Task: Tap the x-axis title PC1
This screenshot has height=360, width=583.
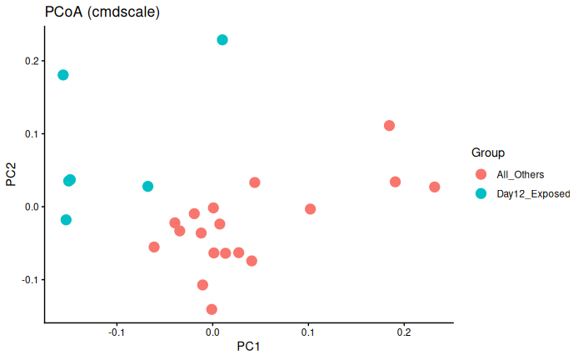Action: pyautogui.click(x=248, y=346)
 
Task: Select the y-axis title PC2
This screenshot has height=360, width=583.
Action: pyautogui.click(x=12, y=173)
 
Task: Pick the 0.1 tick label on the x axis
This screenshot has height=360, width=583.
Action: pyautogui.click(x=308, y=332)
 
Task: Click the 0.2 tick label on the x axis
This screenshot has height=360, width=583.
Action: pyautogui.click(x=404, y=332)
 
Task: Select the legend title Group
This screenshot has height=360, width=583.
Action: pyautogui.click(x=488, y=152)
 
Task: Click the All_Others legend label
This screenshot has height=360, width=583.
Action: pyautogui.click(x=520, y=174)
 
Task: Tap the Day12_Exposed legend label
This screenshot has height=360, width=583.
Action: pyautogui.click(x=533, y=193)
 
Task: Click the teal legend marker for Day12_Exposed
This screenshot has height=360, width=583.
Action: pyautogui.click(x=481, y=193)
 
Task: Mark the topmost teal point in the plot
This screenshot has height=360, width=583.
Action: pyautogui.click(x=222, y=40)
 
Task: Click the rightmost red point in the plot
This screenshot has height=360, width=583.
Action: pyautogui.click(x=435, y=187)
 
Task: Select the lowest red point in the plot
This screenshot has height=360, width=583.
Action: pyautogui.click(x=212, y=309)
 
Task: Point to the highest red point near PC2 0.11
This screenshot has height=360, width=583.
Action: pyautogui.click(x=389, y=126)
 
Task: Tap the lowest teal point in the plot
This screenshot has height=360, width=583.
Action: pyautogui.click(x=66, y=220)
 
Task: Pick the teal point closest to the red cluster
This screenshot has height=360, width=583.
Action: pyautogui.click(x=147, y=187)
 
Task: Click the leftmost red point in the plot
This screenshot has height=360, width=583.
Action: pyautogui.click(x=154, y=247)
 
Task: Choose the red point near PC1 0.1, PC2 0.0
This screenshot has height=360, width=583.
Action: pyautogui.click(x=310, y=209)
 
